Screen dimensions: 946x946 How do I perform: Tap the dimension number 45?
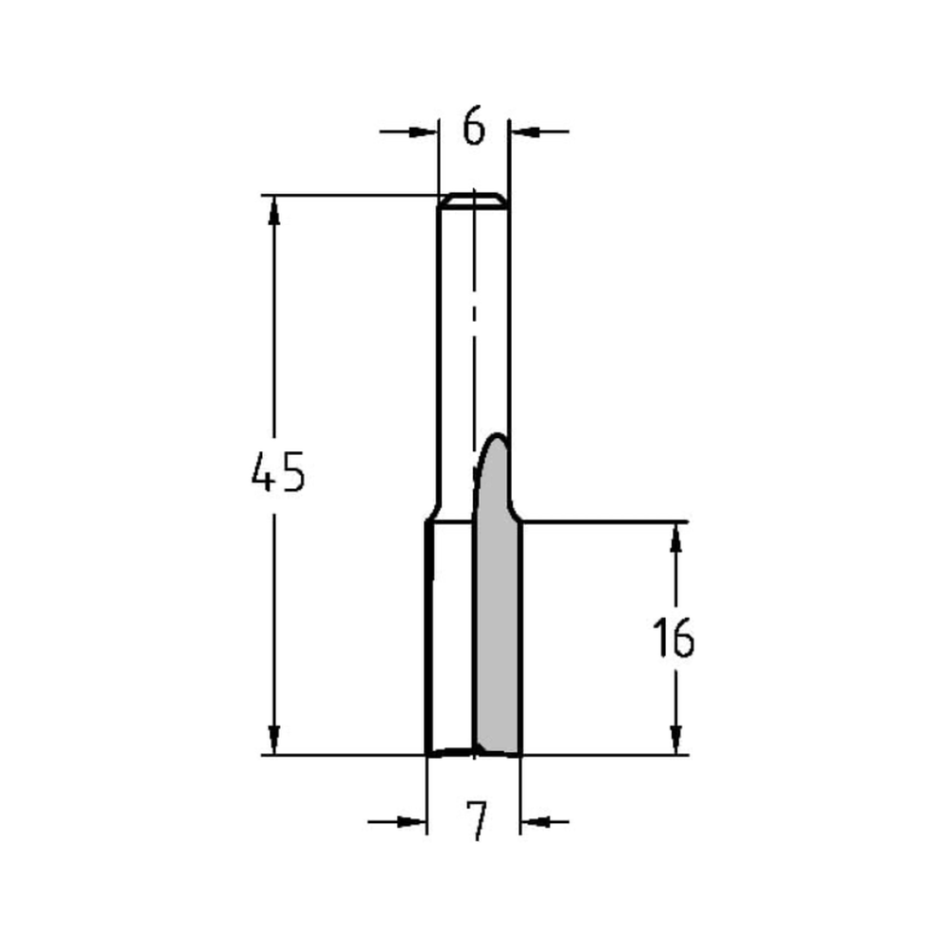[x=277, y=472]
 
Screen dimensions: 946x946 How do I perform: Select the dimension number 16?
[x=674, y=639]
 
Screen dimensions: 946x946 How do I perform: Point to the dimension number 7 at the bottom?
[x=477, y=820]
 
